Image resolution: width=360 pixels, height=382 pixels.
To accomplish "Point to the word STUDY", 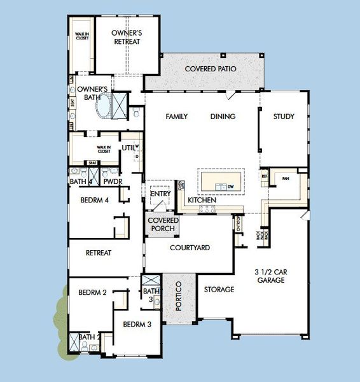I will tap(284, 117).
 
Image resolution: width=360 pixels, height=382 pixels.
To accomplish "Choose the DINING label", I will tap(223, 117).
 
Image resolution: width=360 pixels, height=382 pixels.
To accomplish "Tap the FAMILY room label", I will tap(176, 117).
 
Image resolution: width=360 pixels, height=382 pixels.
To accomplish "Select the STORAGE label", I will tap(219, 290).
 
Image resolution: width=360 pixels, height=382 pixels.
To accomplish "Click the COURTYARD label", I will tap(190, 248).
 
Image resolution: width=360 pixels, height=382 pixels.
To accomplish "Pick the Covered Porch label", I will tap(163, 224).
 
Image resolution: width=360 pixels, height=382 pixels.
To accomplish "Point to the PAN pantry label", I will tap(286, 179).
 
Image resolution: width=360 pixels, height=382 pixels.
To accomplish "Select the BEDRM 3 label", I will tap(137, 324).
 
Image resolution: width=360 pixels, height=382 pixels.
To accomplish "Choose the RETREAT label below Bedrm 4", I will tap(99, 253).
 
